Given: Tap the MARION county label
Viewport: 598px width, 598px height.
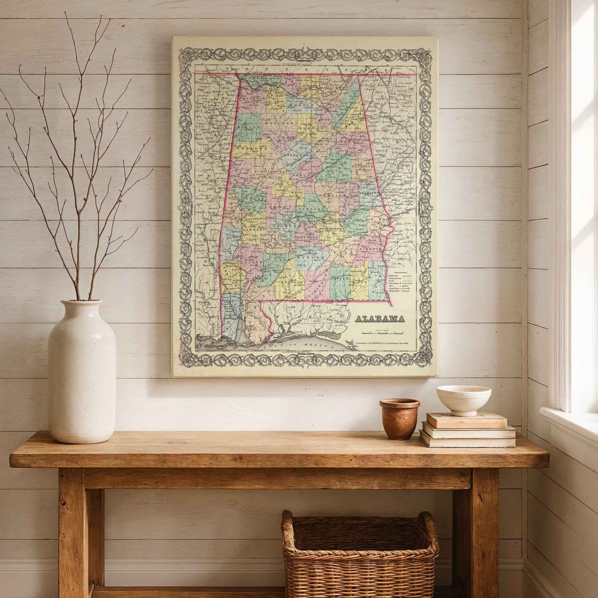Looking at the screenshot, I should [249, 127].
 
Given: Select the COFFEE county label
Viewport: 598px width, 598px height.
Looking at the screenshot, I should [340, 278].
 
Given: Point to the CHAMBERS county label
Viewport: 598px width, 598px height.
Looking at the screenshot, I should [369, 192].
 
